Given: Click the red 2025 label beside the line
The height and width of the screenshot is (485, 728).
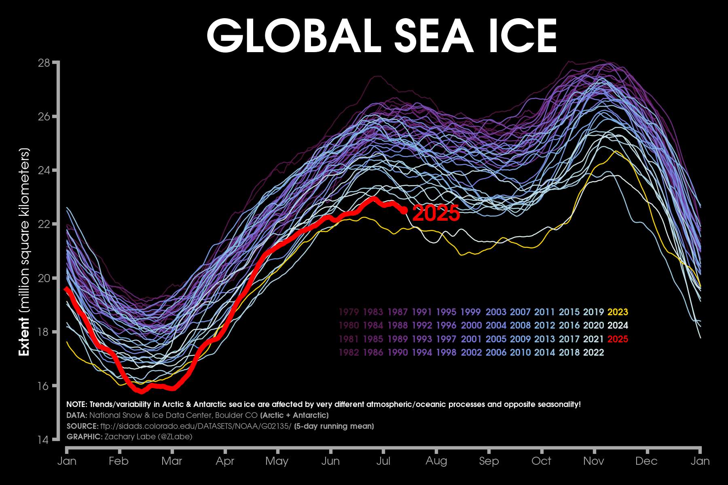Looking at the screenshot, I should [436, 213].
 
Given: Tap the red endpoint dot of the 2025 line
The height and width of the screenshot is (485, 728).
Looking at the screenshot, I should [404, 210].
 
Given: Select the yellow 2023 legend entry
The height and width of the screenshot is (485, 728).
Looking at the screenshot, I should [618, 312].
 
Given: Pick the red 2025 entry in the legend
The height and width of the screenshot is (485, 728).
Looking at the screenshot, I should [618, 339].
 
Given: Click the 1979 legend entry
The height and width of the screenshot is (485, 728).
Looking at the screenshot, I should [349, 312].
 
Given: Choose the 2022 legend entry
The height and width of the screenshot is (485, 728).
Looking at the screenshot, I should [593, 352].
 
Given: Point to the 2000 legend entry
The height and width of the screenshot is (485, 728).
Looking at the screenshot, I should [471, 326].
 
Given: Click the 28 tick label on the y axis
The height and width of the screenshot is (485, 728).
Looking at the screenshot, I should [44, 63].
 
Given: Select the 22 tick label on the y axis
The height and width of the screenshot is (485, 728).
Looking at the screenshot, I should [44, 224].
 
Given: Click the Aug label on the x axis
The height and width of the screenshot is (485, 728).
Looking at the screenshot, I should [436, 461].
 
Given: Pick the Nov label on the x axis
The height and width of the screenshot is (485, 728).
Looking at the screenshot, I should [594, 461].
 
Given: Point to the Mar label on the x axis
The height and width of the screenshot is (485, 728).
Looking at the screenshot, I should [172, 461].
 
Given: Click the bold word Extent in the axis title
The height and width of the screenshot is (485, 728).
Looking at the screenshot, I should [24, 336].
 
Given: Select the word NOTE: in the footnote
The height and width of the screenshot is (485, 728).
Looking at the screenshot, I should [76, 404].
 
